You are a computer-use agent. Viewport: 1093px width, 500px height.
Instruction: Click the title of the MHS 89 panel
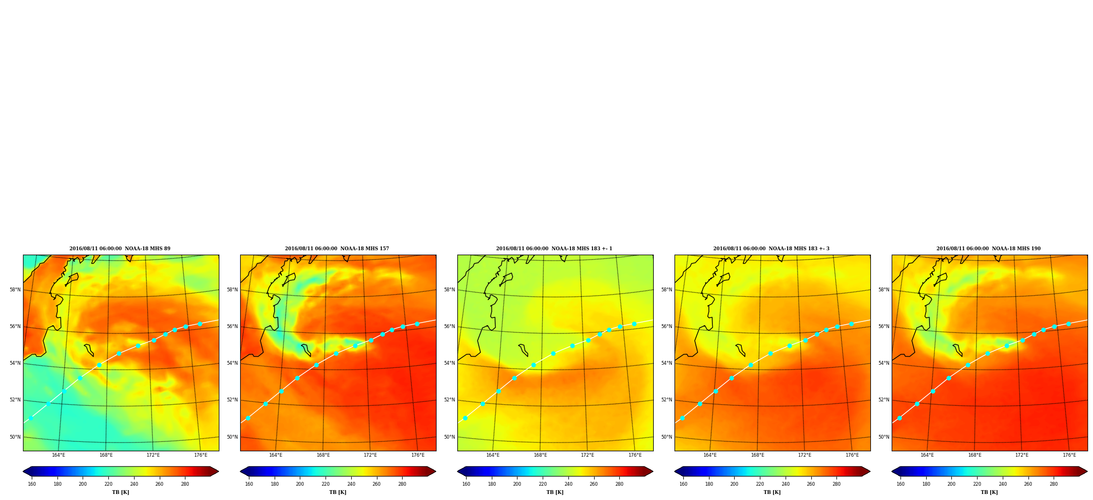click(x=120, y=249)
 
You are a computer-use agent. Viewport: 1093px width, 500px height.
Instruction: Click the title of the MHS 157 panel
click(x=337, y=249)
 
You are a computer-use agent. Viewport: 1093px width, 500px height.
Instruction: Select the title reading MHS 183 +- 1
click(x=554, y=249)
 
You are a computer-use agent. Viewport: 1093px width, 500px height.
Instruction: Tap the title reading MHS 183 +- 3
click(x=771, y=249)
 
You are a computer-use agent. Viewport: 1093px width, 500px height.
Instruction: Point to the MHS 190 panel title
click(x=989, y=249)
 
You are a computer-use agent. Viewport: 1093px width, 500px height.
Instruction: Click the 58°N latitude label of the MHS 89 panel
click(x=15, y=290)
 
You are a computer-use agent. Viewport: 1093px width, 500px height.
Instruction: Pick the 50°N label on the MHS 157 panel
click(x=232, y=437)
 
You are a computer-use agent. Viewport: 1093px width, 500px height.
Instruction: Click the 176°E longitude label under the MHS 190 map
click(x=1069, y=455)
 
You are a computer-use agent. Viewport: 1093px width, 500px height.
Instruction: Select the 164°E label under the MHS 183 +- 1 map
click(x=493, y=455)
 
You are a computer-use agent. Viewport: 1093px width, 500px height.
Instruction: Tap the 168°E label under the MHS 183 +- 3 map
click(x=758, y=455)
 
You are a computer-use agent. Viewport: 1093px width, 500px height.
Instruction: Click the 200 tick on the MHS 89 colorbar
click(x=83, y=484)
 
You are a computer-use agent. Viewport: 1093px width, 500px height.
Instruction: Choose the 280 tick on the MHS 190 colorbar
click(x=1054, y=484)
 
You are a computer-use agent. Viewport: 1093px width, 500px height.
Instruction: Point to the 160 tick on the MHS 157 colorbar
click(x=249, y=484)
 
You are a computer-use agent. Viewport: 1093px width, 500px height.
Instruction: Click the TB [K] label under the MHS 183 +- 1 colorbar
click(x=555, y=492)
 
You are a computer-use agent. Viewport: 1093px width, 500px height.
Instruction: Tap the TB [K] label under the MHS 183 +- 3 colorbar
click(x=772, y=492)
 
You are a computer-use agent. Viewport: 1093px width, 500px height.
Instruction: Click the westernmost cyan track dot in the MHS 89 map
click(x=31, y=418)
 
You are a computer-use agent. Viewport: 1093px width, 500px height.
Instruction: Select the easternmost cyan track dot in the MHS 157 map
click(x=417, y=324)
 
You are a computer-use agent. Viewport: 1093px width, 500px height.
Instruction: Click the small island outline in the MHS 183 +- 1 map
click(x=523, y=350)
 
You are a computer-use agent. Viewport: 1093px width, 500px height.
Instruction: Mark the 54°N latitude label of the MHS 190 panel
click(x=884, y=363)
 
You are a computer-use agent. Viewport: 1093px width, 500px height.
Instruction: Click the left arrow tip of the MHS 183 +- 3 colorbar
click(x=675, y=472)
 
